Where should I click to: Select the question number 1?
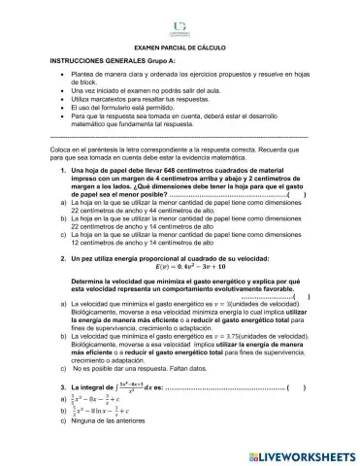pos(63,171)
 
